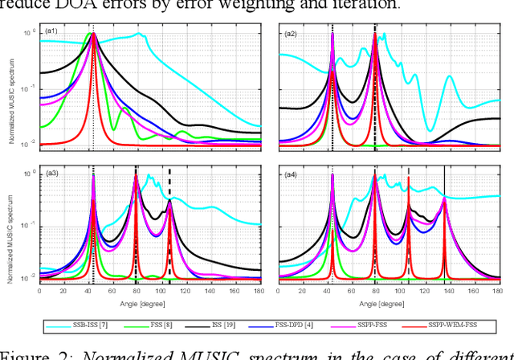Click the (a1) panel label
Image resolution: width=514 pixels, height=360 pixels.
51,32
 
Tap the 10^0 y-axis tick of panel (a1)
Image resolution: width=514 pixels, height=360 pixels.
31,32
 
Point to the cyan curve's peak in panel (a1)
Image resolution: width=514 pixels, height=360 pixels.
140,35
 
